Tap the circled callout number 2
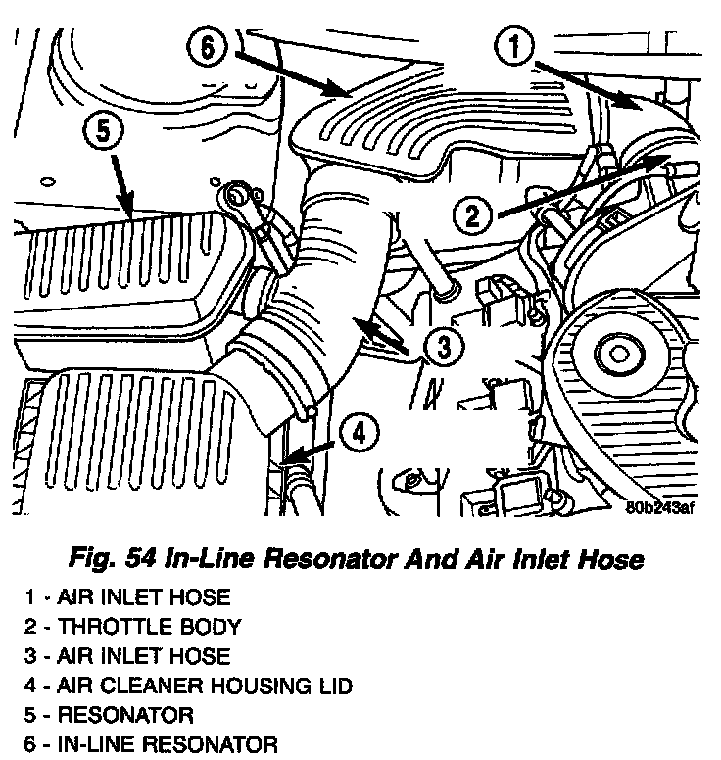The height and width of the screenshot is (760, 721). coord(472,214)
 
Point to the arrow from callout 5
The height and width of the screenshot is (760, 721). coord(122,184)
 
